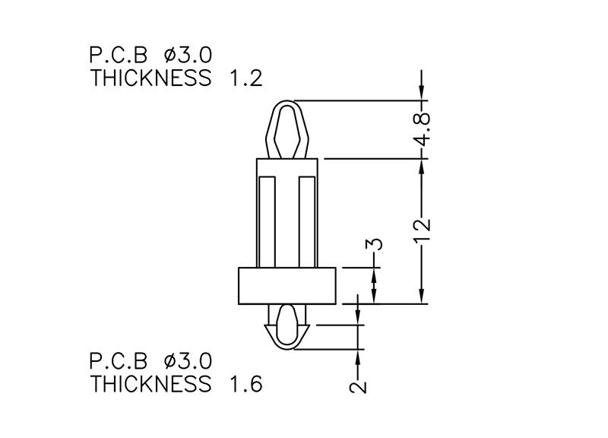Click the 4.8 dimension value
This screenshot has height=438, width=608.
tap(423, 129)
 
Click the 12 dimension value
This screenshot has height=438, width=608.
tap(423, 231)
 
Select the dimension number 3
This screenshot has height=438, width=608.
tap(374, 244)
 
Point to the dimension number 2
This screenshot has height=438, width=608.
tap(357, 387)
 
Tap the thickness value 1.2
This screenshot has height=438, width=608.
tap(245, 78)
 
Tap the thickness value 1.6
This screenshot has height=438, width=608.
tap(245, 384)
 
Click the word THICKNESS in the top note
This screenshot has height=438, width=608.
tap(150, 78)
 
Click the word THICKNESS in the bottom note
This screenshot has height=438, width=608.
tap(150, 384)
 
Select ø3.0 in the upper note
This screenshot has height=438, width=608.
tap(188, 55)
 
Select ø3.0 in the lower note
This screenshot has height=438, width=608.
tap(188, 361)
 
